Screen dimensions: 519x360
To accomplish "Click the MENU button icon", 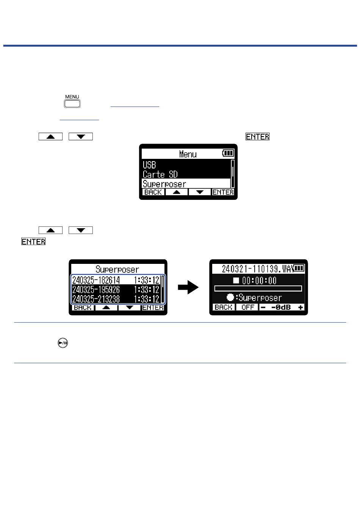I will [72, 103].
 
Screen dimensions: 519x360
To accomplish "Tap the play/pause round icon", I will [63, 343].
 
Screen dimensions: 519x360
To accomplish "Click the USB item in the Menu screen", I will [149, 165].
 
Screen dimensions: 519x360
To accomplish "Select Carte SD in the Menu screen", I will [160, 174].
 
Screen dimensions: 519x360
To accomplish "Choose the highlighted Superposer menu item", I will [164, 184].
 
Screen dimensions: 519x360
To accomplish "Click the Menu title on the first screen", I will [188, 154].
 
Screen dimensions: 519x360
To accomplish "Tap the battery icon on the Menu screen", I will [228, 153].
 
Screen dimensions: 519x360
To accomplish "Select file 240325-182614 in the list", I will [96, 280].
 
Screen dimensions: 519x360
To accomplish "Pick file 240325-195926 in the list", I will [96, 290].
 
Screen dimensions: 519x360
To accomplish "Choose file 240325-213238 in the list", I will [96, 299].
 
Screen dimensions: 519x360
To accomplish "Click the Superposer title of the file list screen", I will [117, 270].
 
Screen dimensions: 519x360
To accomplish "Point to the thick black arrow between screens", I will [188, 288].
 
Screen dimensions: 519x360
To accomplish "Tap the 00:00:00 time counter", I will [259, 281].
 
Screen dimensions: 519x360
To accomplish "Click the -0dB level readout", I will [281, 307].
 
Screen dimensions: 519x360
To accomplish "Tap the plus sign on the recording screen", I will [301, 307].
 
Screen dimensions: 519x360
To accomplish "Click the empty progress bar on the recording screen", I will [258, 289].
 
